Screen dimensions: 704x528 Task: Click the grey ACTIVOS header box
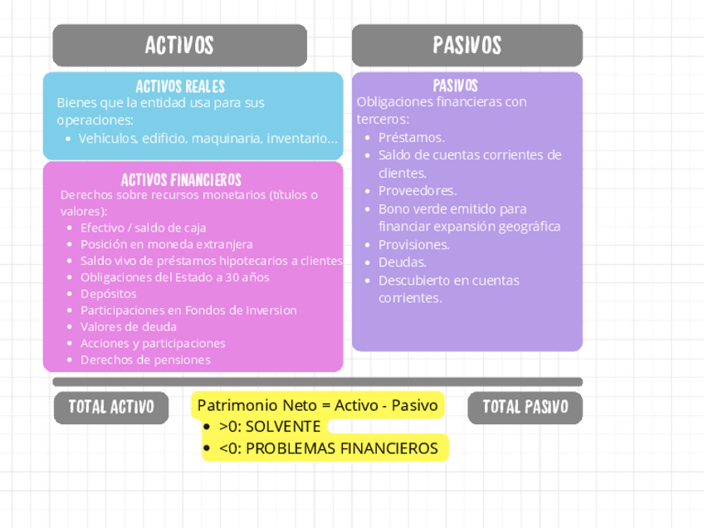[179, 45]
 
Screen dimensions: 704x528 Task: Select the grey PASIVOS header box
[467, 45]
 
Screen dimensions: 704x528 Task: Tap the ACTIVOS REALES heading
[180, 86]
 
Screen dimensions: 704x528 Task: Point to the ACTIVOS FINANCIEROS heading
[181, 179]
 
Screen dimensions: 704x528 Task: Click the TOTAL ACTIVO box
[111, 407]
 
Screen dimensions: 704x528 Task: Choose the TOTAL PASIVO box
[525, 407]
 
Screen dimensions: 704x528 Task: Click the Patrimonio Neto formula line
[317, 405]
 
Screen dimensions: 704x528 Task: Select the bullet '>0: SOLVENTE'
[269, 427]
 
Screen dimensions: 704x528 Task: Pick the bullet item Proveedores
[417, 191]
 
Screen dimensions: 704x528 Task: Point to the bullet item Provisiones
[413, 245]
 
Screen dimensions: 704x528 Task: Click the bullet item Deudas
[402, 262]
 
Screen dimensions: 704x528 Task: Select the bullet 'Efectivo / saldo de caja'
[143, 227]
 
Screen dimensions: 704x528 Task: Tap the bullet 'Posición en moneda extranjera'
[166, 244]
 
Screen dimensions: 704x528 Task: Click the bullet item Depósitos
[108, 294]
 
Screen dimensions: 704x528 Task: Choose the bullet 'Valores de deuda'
[128, 327]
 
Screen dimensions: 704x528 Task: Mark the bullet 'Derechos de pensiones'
[145, 360]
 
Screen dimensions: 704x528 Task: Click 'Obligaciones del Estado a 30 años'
[174, 277]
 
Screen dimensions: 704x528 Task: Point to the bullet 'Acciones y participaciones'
[153, 344]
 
